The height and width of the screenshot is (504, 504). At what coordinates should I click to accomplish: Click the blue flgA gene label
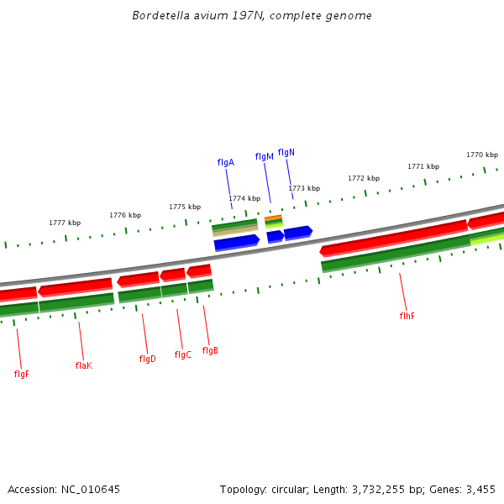(x=225, y=162)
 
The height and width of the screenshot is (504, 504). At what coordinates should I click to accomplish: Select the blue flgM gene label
(x=265, y=157)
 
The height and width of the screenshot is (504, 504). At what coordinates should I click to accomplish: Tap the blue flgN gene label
(x=286, y=152)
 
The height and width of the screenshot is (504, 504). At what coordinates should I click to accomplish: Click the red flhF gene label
(x=407, y=316)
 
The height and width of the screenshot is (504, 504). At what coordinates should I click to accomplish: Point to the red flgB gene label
(x=210, y=350)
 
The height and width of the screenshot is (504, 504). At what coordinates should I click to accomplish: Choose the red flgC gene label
(x=182, y=354)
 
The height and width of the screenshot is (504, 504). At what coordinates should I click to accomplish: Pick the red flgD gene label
(x=147, y=359)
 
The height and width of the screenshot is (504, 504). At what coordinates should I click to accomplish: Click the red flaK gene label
(x=83, y=365)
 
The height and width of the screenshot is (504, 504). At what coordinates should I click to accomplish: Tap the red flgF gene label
(x=22, y=374)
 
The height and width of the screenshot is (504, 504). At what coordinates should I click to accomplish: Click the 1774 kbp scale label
(x=244, y=198)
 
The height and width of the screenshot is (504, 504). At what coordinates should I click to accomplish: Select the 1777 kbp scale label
(x=65, y=223)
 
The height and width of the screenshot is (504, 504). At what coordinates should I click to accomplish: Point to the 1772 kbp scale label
(x=364, y=178)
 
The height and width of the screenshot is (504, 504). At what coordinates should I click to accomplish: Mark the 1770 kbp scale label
(x=482, y=155)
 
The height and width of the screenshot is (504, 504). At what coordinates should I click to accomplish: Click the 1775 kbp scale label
(x=185, y=207)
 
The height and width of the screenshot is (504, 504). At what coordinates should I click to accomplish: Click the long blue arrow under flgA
(x=237, y=243)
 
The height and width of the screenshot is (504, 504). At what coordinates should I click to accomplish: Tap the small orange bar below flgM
(x=273, y=218)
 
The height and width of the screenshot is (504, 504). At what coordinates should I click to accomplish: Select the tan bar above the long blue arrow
(x=235, y=230)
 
